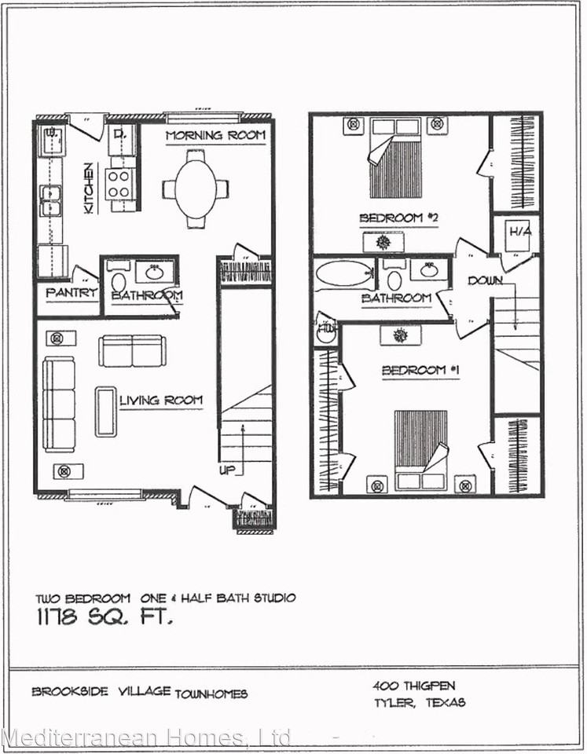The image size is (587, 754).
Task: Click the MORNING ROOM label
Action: tap(215, 135)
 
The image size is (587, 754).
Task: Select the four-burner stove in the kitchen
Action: tap(119, 184)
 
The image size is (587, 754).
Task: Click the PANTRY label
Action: tap(71, 293)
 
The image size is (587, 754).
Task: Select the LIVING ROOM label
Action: tap(161, 401)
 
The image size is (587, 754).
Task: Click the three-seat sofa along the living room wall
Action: tap(59, 404)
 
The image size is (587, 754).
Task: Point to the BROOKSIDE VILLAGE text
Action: tap(101, 692)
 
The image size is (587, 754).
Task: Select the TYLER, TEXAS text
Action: tap(420, 701)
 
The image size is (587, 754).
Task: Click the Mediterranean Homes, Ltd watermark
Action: tap(146, 738)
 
